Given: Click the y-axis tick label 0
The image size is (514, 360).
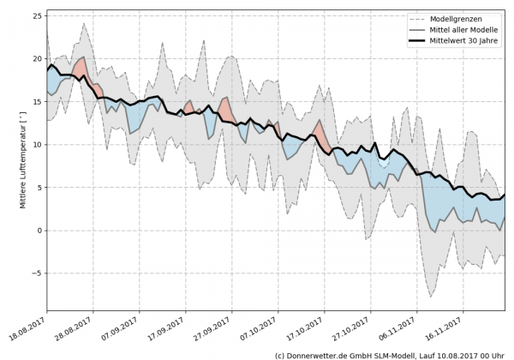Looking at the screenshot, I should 38,231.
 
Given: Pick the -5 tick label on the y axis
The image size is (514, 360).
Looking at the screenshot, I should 35,273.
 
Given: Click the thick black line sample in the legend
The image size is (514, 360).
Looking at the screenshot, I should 419,40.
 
